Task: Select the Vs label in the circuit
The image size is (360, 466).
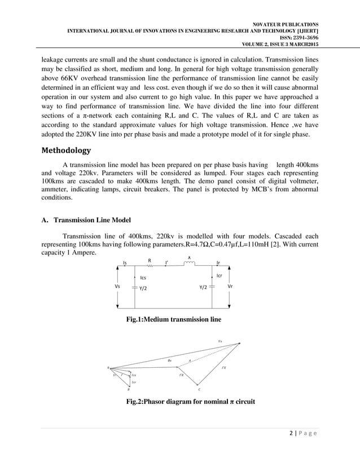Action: (117, 287)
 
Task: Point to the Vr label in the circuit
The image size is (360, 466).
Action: (230, 287)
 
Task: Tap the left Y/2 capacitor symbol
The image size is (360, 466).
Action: (133, 287)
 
